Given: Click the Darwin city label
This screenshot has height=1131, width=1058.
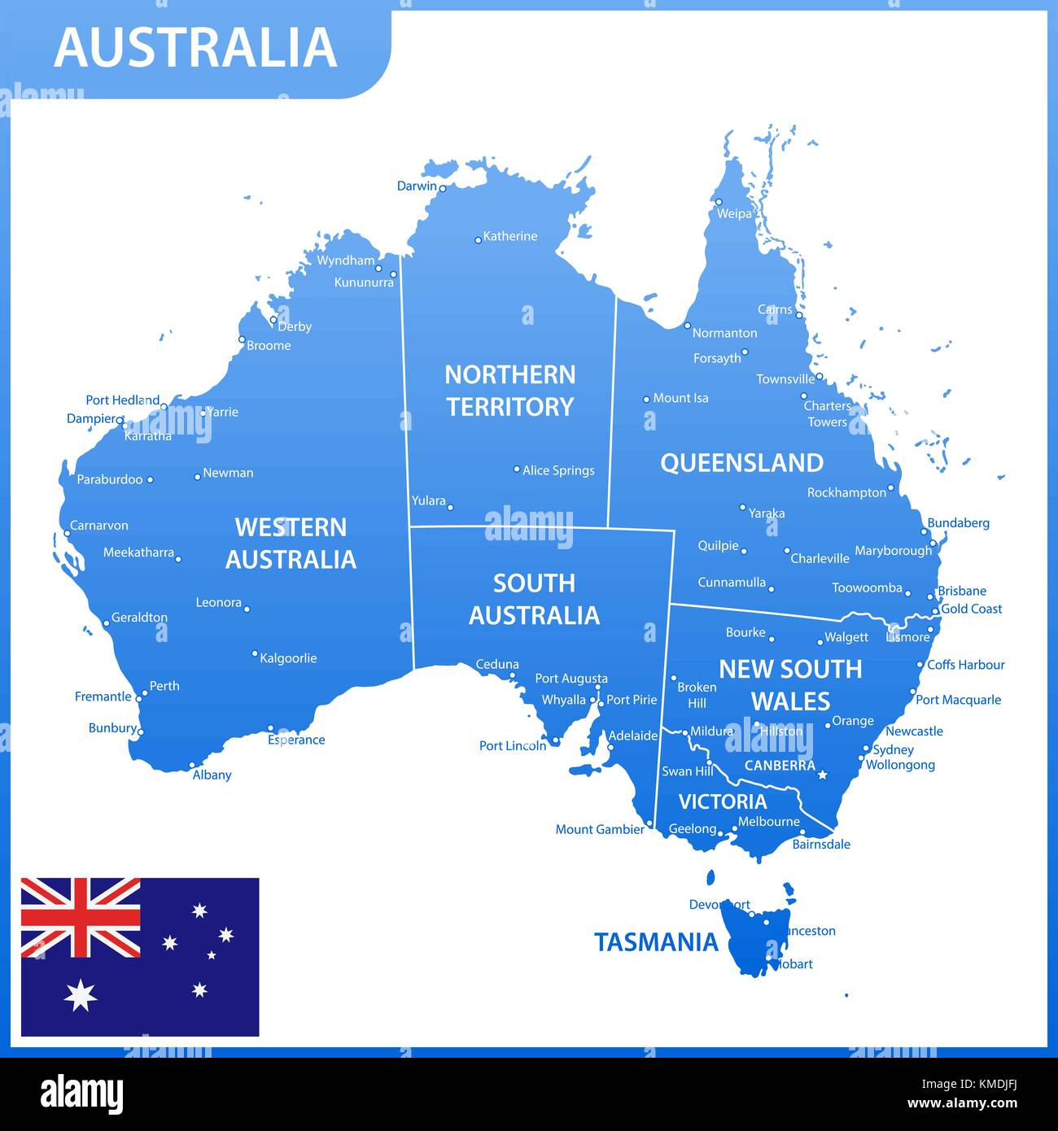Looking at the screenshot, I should [x=417, y=186].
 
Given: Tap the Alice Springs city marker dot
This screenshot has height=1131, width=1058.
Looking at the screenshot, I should [x=516, y=469].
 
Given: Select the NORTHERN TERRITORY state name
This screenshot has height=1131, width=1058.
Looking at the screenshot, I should [x=510, y=391].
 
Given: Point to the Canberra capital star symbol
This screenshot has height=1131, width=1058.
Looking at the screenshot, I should [x=822, y=775].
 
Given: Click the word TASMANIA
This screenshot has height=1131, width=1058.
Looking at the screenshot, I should [x=656, y=942].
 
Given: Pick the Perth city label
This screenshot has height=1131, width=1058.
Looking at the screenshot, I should [x=164, y=686].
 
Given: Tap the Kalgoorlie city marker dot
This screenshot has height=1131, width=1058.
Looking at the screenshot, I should [x=255, y=653].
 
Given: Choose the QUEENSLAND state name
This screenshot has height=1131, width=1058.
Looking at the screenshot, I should [x=741, y=463].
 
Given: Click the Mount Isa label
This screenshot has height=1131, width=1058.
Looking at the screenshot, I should [x=680, y=398].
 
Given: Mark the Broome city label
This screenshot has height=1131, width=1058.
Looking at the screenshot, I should [x=269, y=346].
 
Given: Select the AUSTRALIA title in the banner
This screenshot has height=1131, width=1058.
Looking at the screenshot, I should [x=195, y=47].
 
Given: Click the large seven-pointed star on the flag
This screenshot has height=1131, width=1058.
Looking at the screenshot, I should [x=81, y=995].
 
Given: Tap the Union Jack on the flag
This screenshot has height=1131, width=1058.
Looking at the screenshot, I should [x=81, y=917].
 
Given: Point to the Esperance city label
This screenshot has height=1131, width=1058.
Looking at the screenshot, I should [x=296, y=740].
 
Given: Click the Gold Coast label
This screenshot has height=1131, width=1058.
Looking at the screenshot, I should [x=971, y=609].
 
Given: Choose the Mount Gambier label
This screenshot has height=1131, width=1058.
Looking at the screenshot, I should [x=600, y=829].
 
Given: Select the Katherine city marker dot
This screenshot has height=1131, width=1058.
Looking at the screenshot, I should [x=479, y=240].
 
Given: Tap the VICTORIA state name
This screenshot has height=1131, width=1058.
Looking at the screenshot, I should [x=723, y=801].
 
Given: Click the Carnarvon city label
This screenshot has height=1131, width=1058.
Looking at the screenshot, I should [x=99, y=526].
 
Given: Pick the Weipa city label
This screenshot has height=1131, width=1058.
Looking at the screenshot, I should [x=734, y=214].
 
